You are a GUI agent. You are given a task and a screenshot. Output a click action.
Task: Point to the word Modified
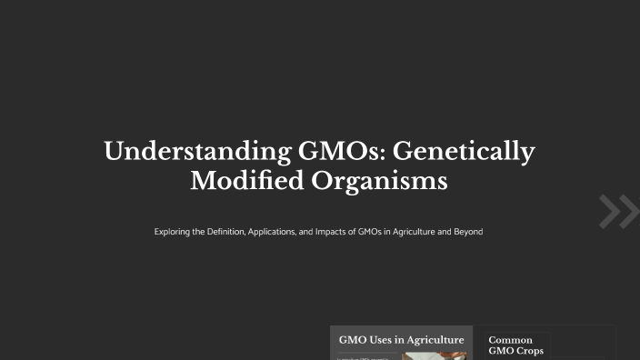pos(246,180)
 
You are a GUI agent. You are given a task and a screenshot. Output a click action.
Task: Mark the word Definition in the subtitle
pos(224,232)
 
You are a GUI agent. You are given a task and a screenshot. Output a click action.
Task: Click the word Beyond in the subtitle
pos(467,232)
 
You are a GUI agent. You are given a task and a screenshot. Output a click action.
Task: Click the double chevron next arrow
pos(618,211)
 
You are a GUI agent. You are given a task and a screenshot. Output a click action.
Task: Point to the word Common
pos(511,340)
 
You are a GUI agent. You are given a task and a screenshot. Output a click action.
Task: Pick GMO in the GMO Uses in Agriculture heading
pos(353,340)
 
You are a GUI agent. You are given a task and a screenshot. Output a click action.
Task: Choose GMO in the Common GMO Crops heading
pos(501,351)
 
